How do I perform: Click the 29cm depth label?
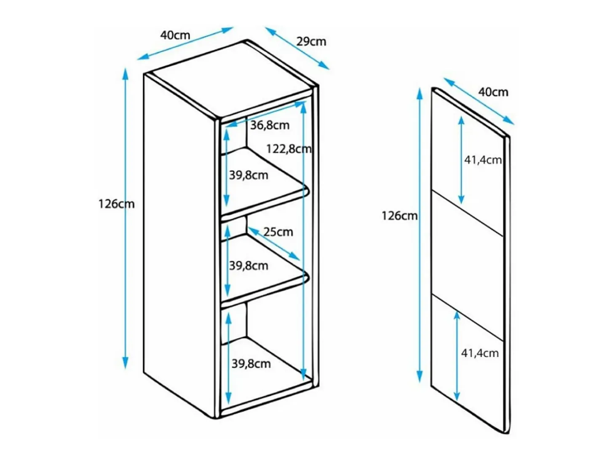[x=311, y=42]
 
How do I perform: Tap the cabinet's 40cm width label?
[x=175, y=35]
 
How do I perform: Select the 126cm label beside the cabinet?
[x=116, y=204]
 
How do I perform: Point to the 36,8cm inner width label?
[x=270, y=125]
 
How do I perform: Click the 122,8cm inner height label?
[x=289, y=149]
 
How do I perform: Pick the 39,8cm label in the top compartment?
[x=249, y=176]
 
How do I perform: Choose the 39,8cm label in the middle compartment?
[x=249, y=266]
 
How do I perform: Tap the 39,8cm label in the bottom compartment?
[x=251, y=364]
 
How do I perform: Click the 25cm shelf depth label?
[x=278, y=232]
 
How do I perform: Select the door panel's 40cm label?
[x=493, y=92]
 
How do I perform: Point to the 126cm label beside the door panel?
[x=400, y=216]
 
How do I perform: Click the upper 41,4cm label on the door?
[x=483, y=160]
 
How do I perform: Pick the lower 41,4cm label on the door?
[x=480, y=353]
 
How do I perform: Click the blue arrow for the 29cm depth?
[x=297, y=48]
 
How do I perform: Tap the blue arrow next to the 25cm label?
[x=274, y=243]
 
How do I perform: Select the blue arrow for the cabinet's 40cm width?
[x=185, y=43]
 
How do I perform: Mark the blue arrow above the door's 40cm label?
[x=479, y=101]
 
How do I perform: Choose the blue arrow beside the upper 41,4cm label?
[x=461, y=160]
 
